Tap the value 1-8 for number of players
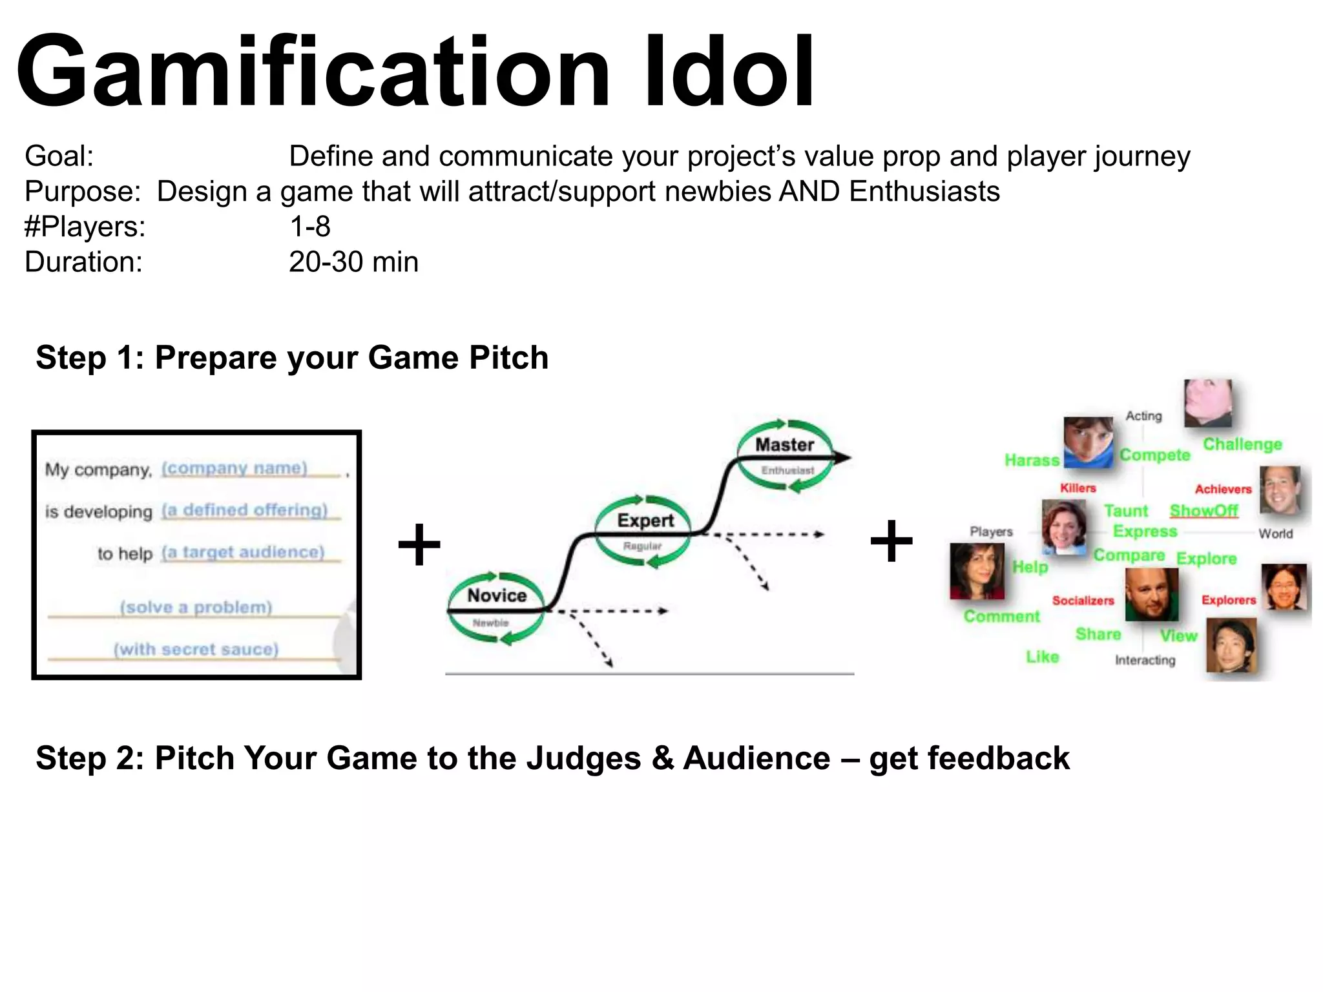(309, 227)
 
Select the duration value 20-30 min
(353, 262)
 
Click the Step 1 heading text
(292, 357)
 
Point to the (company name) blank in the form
(234, 468)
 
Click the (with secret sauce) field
(196, 648)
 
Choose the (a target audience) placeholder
(243, 552)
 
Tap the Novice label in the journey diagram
(497, 595)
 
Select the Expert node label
(645, 520)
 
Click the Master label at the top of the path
(784, 444)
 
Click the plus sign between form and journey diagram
(419, 544)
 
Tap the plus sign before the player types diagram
(891, 541)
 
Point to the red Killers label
(1078, 488)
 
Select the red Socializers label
(1083, 600)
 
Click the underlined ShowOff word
(1203, 510)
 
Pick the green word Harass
(1032, 460)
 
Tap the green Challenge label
(1242, 444)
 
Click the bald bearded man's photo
(1151, 594)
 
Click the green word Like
(1042, 656)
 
